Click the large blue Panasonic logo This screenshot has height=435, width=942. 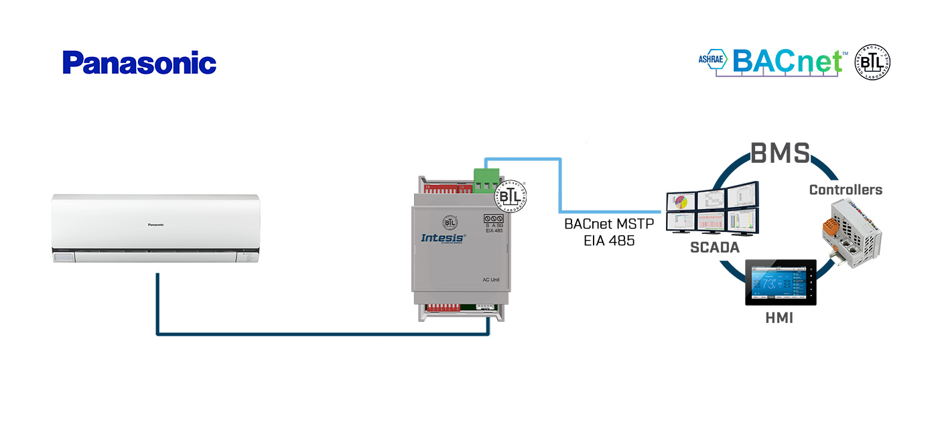coord(139,63)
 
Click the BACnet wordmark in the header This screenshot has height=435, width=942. coord(787,61)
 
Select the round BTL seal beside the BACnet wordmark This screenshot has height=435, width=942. coord(872,63)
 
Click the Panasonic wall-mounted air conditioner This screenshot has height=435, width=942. coord(156,228)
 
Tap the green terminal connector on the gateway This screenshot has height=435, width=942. coord(487,179)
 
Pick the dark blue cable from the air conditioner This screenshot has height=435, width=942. coord(322,333)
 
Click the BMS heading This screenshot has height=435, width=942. coord(781,153)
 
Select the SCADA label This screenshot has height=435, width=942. coord(714,247)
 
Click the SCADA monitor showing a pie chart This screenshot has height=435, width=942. coord(681,200)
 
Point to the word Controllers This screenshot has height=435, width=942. coord(846,190)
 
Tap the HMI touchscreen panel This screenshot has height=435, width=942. coord(781,282)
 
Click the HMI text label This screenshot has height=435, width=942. coord(779,318)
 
